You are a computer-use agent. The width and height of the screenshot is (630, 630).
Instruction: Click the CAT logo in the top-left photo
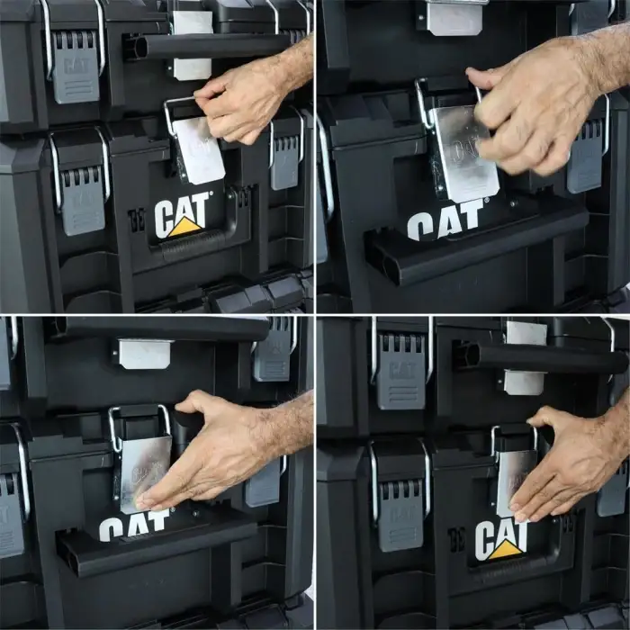[183, 217]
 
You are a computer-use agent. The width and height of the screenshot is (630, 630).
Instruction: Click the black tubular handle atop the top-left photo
[207, 45]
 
